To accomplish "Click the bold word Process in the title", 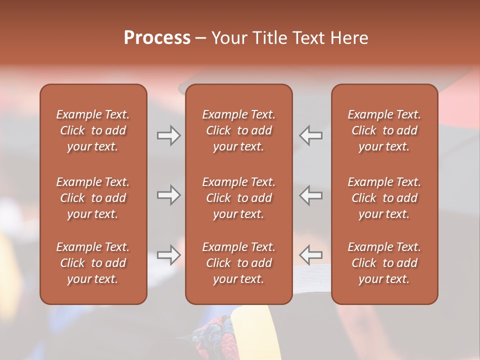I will [157, 38].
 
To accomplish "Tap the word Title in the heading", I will [268, 38].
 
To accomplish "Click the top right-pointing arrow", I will [169, 135].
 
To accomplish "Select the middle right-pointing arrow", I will [169, 195].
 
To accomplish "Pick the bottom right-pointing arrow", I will [169, 255].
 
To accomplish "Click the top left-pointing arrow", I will [311, 135].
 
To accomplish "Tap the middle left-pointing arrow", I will [311, 195].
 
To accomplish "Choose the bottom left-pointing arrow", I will [311, 255].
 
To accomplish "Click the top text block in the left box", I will [93, 130].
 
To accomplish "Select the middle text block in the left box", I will [93, 198].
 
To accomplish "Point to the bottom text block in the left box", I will [93, 263].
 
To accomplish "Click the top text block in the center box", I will [239, 130].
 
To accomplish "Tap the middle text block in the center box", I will [239, 198].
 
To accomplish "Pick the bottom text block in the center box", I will [239, 263].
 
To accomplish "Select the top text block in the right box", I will [384, 130].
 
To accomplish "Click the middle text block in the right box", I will [384, 198].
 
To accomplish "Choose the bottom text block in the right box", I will [384, 263].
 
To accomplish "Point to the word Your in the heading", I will [229, 38].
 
